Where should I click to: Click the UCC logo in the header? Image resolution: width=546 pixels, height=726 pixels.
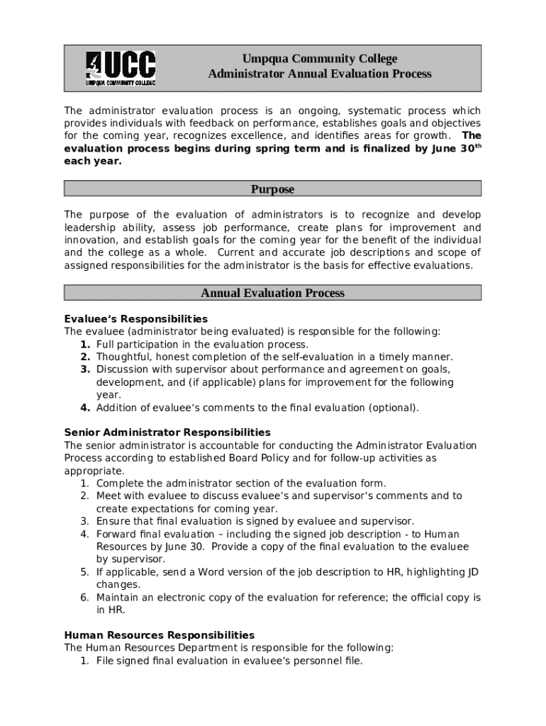[121, 69]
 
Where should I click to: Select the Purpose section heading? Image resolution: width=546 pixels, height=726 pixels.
[272, 189]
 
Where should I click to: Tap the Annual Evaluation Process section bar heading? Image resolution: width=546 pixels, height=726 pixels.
[272, 293]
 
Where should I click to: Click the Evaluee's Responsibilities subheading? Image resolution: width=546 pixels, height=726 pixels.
[135, 319]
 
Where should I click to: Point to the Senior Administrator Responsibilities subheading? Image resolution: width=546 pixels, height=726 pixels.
[167, 432]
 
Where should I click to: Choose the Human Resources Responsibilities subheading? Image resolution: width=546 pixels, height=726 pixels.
[159, 635]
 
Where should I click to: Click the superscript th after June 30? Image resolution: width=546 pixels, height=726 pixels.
[477, 146]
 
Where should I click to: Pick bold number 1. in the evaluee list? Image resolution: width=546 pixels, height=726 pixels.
[85, 345]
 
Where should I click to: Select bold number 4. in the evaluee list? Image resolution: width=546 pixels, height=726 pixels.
[85, 408]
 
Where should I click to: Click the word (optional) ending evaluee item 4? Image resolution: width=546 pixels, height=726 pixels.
[394, 408]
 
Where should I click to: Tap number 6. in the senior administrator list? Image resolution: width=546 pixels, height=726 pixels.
[84, 598]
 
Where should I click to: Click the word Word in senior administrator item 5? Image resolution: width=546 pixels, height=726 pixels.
[211, 572]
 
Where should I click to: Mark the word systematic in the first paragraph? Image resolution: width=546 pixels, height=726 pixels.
[381, 111]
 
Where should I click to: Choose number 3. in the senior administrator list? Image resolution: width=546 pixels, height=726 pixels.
[84, 522]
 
